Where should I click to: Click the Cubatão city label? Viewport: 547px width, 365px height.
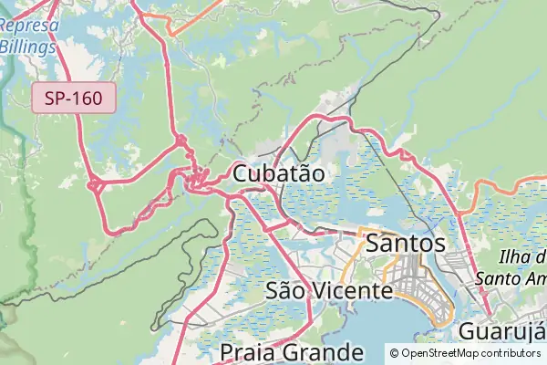(279, 173)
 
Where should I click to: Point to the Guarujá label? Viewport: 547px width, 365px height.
(501, 331)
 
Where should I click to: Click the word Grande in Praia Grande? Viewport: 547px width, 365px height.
(323, 352)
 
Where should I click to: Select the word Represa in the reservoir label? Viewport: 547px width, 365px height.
(30, 26)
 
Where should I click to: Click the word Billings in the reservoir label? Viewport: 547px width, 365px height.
(27, 45)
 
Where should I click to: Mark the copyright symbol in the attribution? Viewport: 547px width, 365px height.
(395, 352)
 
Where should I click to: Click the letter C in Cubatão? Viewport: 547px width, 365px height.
(242, 173)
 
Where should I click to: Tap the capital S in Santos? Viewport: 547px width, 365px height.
(374, 244)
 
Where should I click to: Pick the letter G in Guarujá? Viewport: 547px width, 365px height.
(468, 331)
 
